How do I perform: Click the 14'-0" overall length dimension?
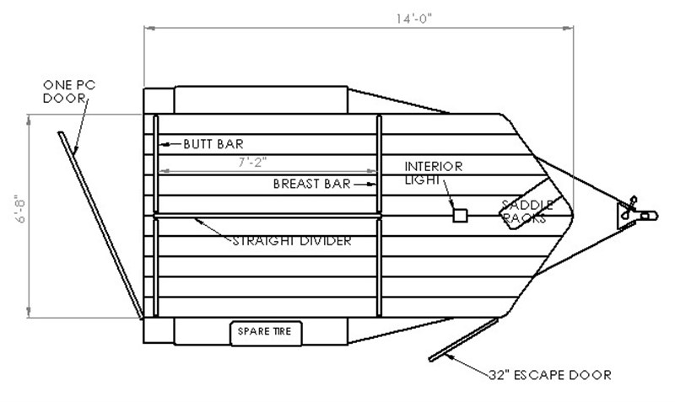tap(413, 19)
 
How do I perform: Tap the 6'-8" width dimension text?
tap(20, 211)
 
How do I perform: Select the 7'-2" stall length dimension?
tap(252, 163)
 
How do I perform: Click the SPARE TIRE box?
tap(266, 333)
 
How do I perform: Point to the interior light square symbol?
tap(460, 216)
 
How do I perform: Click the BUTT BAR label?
tap(213, 144)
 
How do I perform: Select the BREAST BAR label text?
tap(311, 184)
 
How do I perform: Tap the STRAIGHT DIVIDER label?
tap(292, 241)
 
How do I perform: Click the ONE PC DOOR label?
tap(69, 92)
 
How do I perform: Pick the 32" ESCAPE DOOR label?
tap(550, 375)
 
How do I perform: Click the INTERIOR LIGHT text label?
tap(433, 173)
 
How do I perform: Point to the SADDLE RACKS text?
tap(527, 212)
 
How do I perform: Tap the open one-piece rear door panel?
tap(100, 226)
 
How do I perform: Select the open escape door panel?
tap(463, 340)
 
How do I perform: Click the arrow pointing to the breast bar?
tap(364, 185)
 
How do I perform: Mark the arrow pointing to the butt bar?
tap(170, 144)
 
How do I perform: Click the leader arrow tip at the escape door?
tap(447, 356)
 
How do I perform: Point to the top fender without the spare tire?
tap(261, 100)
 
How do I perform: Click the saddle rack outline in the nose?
tap(532, 203)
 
